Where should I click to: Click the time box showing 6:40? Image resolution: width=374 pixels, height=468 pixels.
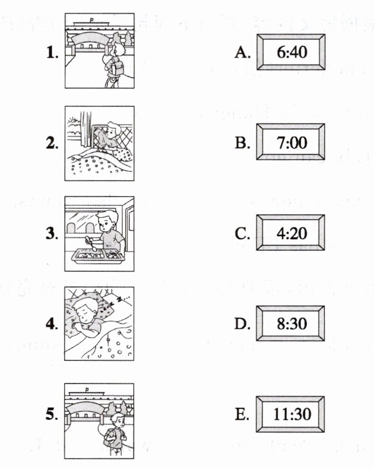click(290, 52)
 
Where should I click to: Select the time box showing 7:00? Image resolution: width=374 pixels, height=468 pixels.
click(290, 142)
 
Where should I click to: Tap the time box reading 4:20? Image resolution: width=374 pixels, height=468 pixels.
click(290, 233)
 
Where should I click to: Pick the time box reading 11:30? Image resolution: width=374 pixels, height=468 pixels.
click(290, 414)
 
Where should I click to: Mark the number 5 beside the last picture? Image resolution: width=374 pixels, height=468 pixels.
click(52, 415)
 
